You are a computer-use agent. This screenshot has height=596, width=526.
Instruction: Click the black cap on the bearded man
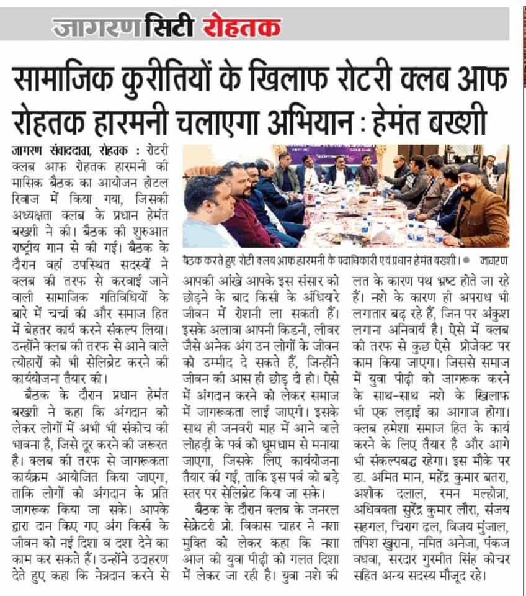(x=470, y=168)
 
